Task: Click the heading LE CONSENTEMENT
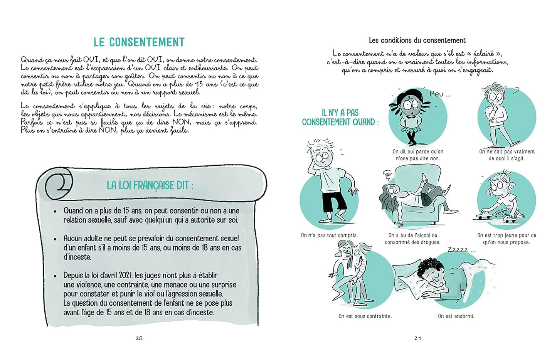(139, 42)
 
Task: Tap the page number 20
(139, 338)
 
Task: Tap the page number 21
(417, 338)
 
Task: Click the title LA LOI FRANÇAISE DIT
(150, 185)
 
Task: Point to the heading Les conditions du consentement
(417, 40)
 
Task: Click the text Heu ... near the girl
(439, 94)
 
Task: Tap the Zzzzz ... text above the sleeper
(461, 250)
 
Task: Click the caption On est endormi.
(456, 316)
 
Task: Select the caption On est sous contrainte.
(365, 316)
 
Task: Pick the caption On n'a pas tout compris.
(329, 235)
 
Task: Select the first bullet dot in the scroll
(55, 211)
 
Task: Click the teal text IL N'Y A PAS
(340, 113)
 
